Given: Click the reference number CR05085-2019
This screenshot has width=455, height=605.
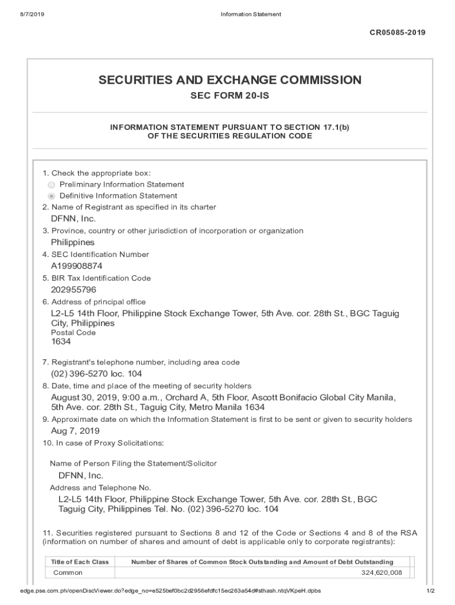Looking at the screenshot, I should pos(397,32).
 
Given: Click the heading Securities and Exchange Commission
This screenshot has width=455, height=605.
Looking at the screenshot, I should pos(230,80).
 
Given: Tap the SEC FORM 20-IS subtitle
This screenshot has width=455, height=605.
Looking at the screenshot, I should pos(230,96).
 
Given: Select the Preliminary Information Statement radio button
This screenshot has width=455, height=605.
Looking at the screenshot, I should pos(51,185).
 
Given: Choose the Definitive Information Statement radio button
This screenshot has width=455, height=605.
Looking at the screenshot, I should pos(51,196).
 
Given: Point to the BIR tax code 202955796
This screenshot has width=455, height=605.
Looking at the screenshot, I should pos(73,290).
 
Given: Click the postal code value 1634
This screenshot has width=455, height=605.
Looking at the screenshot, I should pos(61,341).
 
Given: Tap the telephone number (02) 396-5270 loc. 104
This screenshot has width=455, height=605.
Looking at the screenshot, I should pos(96,374).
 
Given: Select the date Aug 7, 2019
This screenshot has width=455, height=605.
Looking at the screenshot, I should pos(75,431).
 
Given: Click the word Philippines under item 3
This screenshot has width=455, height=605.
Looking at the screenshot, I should pos(73,242).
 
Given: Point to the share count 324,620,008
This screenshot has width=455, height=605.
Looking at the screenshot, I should pos(381,573).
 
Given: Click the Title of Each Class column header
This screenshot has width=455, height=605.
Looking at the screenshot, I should pos(80,562).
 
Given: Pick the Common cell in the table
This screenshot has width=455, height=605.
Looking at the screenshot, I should pos(68,573).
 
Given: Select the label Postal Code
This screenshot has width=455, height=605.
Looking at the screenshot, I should pos(73,333).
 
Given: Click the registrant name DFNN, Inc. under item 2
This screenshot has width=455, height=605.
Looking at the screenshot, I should pos(73,219).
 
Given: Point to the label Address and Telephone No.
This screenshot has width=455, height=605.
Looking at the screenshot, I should pos(100,488).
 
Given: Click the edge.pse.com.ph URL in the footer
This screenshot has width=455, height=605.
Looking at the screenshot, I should pos(171,591).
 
